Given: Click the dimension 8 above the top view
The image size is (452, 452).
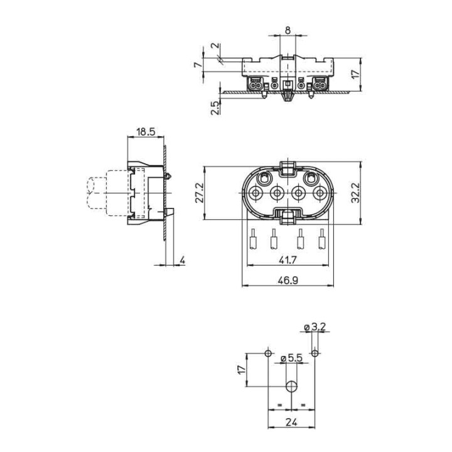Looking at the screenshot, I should click(x=288, y=30).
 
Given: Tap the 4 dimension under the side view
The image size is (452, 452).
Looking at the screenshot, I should click(x=181, y=259).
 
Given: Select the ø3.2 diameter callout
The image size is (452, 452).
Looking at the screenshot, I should click(x=314, y=327).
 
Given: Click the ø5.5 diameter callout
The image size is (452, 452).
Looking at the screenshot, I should click(x=292, y=358).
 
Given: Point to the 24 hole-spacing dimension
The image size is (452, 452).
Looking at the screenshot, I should click(x=291, y=422).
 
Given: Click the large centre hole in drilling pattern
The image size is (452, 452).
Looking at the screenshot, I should click(x=291, y=385).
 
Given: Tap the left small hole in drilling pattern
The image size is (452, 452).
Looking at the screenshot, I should click(x=269, y=353).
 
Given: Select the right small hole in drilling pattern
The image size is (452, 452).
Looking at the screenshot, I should click(x=315, y=353).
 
